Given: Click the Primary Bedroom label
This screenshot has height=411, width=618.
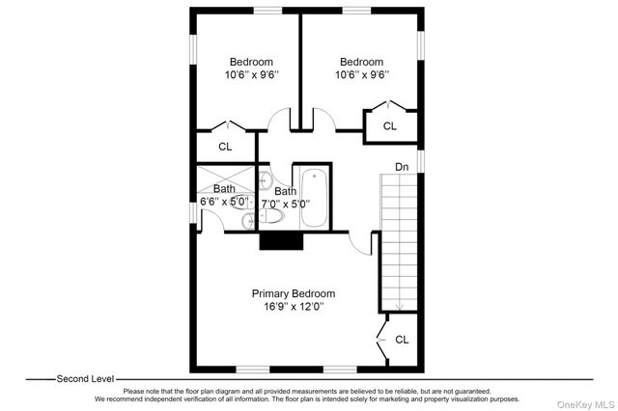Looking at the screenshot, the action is point(294,293).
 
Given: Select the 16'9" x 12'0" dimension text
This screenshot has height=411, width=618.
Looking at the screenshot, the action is point(294,306).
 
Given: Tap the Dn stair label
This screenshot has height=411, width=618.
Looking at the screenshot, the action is point(402,167).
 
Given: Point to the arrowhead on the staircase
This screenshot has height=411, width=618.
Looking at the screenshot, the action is point(399,306).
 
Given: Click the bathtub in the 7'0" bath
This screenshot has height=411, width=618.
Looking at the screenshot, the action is point(314,198).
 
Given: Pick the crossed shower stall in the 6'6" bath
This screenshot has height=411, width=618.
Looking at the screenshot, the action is point(226,179).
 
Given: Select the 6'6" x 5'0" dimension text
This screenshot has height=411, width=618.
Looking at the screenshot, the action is point(224,202).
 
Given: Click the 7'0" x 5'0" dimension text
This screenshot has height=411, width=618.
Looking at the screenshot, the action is point(286,204).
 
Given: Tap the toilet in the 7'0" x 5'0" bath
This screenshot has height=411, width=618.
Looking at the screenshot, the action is point(271,216).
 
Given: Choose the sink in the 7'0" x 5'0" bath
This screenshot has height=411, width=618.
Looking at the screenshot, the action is point(266,180).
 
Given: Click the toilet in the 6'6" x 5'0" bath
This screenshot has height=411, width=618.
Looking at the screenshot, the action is point(242,202).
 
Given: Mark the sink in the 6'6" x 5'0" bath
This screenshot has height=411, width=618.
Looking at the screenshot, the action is point(249,221).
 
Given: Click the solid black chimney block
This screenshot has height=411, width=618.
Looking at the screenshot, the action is point(281,241).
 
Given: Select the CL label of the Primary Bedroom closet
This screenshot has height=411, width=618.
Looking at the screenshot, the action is point(402,340).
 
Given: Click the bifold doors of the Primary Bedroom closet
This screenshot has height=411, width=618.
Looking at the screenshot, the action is point(381,339).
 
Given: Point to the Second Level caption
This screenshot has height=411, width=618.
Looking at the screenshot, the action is point(85,379).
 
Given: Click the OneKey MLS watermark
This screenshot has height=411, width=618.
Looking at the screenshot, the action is point(586,404).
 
